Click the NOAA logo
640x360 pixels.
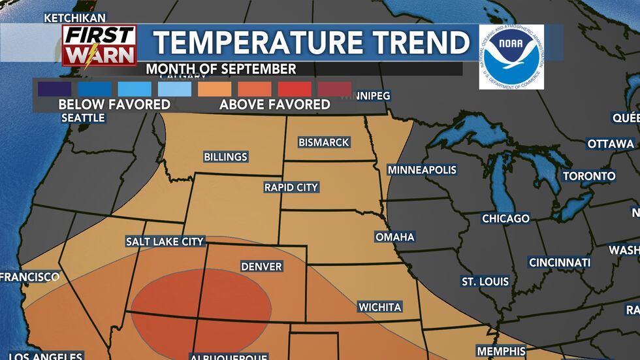tap(511, 57)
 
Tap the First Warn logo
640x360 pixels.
tap(99, 46)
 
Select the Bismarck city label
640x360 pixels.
tap(324, 142)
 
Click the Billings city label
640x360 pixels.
tap(226, 157)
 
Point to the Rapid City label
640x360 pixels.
tap(291, 188)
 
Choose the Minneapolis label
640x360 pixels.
tap(422, 170)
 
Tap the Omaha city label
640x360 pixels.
tap(395, 237)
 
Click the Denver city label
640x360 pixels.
tap(261, 267)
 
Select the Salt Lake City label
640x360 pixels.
tap(165, 242)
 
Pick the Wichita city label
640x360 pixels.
tap(379, 307)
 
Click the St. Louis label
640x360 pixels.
tap(485, 282)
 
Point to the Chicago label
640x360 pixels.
tap(505, 218)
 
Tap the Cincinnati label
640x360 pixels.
tap(560, 263)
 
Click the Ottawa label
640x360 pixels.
tap(611, 144)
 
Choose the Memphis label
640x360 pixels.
tap(502, 351)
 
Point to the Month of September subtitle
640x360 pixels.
tap(221, 69)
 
